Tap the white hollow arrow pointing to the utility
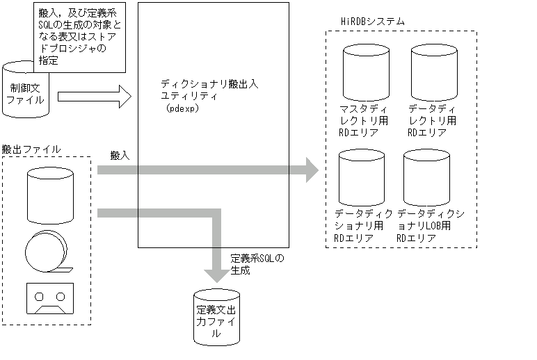click(x=95, y=96)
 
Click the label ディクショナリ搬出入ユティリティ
click(x=209, y=90)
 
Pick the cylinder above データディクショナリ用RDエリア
click(x=361, y=177)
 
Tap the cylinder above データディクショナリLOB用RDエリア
click(x=426, y=177)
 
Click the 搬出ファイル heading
click(x=31, y=149)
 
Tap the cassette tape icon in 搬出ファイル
click(x=49, y=298)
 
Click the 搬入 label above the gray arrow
click(x=120, y=156)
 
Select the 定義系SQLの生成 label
click(x=256, y=263)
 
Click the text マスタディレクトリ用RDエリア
click(x=364, y=121)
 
